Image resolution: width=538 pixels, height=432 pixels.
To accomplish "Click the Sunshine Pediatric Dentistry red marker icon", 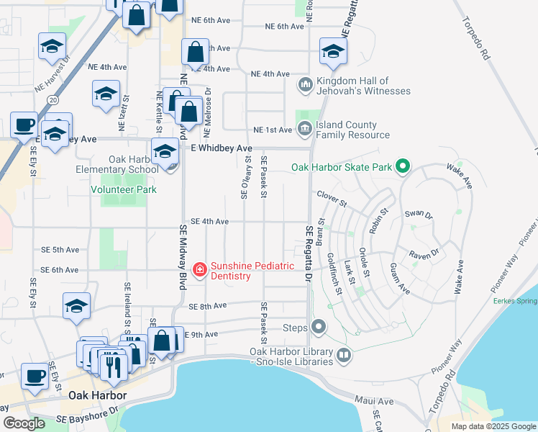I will pyautogui.click(x=199, y=271).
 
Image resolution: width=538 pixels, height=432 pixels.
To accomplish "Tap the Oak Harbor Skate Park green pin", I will pyautogui.click(x=402, y=168).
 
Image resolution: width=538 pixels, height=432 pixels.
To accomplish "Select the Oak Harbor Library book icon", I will pyautogui.click(x=344, y=356).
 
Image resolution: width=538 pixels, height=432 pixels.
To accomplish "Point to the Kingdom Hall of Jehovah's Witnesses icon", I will pyautogui.click(x=305, y=86).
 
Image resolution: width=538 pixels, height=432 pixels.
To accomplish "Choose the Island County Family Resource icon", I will pyautogui.click(x=304, y=130).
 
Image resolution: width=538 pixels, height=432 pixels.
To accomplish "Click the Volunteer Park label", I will pyautogui.click(x=124, y=189).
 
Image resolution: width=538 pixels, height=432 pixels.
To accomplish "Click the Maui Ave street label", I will pyautogui.click(x=375, y=401).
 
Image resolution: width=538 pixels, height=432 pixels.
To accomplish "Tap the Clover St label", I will pyautogui.click(x=332, y=194).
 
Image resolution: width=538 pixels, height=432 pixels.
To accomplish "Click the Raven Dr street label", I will pyautogui.click(x=423, y=255).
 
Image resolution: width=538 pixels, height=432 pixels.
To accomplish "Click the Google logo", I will pyautogui.click(x=24, y=423).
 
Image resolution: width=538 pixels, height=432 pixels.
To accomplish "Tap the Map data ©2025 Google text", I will pyautogui.click(x=493, y=426).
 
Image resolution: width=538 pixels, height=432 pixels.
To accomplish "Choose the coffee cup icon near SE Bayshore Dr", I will pyautogui.click(x=34, y=376).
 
